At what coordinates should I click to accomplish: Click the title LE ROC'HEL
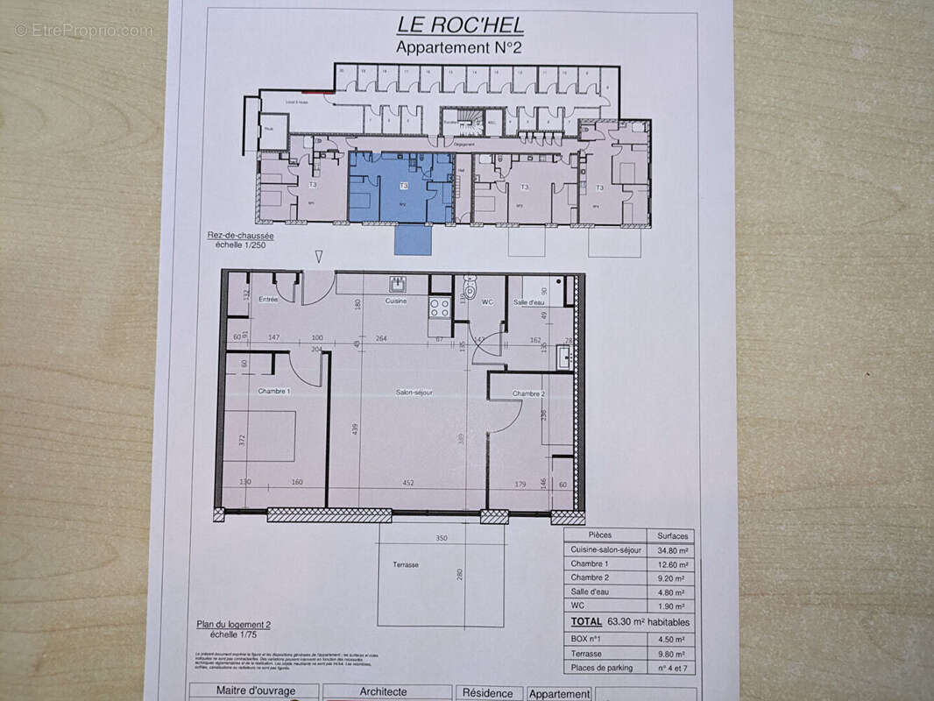pos(458,25)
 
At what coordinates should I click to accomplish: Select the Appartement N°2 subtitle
pos(458,47)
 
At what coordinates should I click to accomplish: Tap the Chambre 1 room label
pos(274,392)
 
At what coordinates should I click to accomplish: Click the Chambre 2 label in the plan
pos(529,393)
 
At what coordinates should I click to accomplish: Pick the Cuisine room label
pos(397,301)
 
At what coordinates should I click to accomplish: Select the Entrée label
pos(268,300)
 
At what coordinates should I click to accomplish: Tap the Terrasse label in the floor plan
pos(406,565)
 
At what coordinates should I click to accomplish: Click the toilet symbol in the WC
pos(471,288)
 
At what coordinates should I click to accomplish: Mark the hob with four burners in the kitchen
pos(439,308)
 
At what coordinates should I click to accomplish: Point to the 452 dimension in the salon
pos(407,482)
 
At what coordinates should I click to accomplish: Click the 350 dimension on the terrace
pos(442,539)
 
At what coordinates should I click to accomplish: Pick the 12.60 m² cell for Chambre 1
pos(673,564)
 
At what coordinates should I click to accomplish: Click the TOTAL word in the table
pos(586,621)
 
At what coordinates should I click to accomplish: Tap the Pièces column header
pos(600,535)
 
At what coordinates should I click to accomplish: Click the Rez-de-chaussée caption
pos(240,236)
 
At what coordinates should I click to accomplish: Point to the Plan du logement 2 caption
pos(233,625)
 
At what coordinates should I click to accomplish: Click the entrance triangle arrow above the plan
pos(319,257)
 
